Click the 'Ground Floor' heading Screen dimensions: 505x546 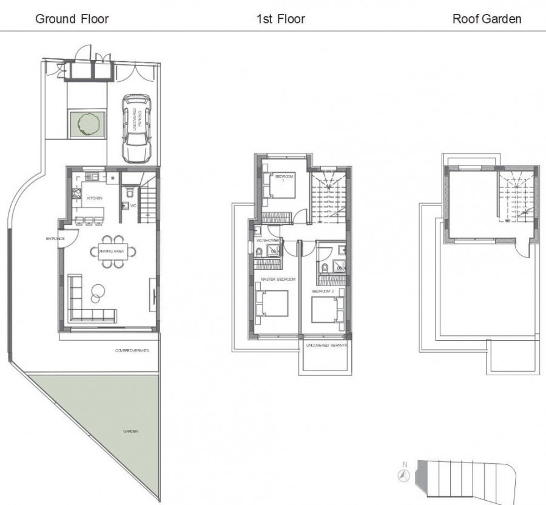(72, 19)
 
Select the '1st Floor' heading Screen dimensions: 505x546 (280, 19)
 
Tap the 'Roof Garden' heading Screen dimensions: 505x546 (487, 19)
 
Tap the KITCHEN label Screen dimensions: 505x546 (94, 198)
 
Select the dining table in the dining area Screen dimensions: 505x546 (113, 250)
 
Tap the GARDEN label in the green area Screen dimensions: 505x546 (132, 431)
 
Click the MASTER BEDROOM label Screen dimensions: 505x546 (278, 279)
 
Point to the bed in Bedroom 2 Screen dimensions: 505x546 (326, 308)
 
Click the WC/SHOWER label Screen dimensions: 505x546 (267, 241)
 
